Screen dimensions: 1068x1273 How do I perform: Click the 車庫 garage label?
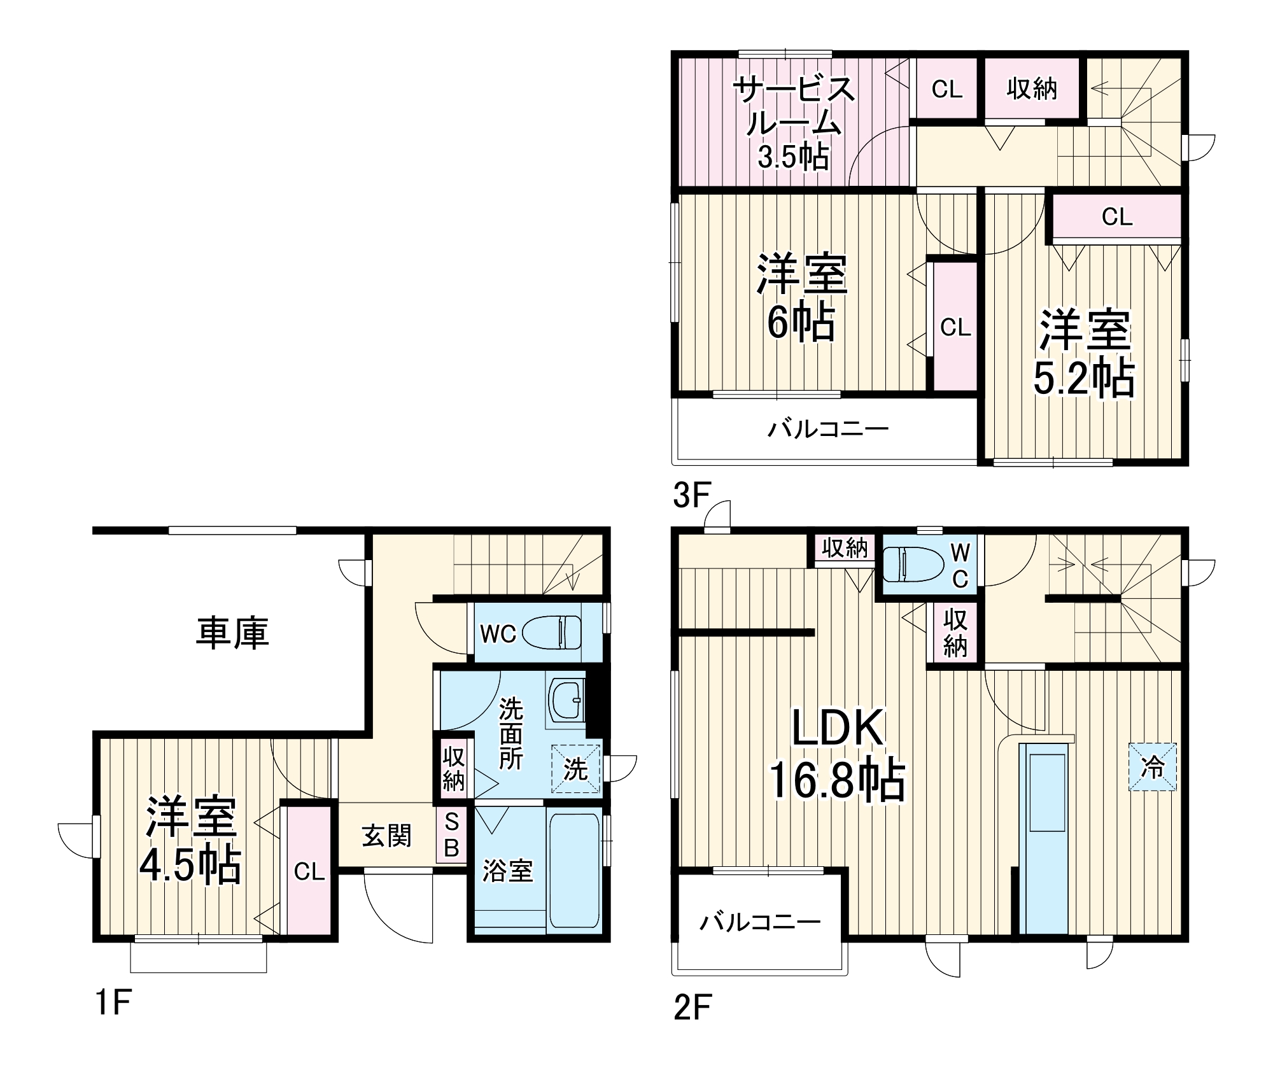point(232,633)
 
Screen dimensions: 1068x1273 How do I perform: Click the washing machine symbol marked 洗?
point(575,769)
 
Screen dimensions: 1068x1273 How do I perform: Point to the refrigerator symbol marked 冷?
point(1152,768)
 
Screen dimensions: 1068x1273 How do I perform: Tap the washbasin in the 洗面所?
point(565,700)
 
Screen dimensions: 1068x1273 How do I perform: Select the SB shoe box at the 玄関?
point(451,835)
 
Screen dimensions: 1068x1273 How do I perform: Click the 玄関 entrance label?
point(386,836)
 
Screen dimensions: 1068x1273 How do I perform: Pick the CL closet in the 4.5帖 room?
point(309,871)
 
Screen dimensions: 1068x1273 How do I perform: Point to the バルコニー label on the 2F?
point(760,921)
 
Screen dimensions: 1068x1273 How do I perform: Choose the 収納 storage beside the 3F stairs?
point(1031,88)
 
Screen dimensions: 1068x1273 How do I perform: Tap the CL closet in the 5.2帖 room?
point(1117,217)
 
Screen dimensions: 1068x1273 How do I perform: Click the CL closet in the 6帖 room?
point(955,327)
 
